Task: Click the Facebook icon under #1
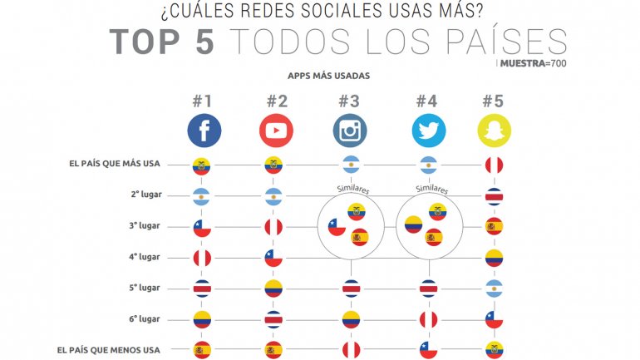pyautogui.click(x=204, y=131)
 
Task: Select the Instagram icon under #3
pyautogui.click(x=350, y=131)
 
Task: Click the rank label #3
pyautogui.click(x=349, y=102)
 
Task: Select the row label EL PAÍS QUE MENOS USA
pyautogui.click(x=115, y=349)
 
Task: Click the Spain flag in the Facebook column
pyautogui.click(x=201, y=350)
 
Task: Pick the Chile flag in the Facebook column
pyautogui.click(x=201, y=227)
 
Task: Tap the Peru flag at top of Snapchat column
pyautogui.click(x=495, y=165)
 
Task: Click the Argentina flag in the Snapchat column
pyautogui.click(x=495, y=288)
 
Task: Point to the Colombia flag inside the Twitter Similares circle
pyautogui.click(x=413, y=224)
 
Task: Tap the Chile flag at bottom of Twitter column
pyautogui.click(x=428, y=350)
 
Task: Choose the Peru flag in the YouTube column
pyautogui.click(x=273, y=227)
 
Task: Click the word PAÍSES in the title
pyautogui.click(x=506, y=41)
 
